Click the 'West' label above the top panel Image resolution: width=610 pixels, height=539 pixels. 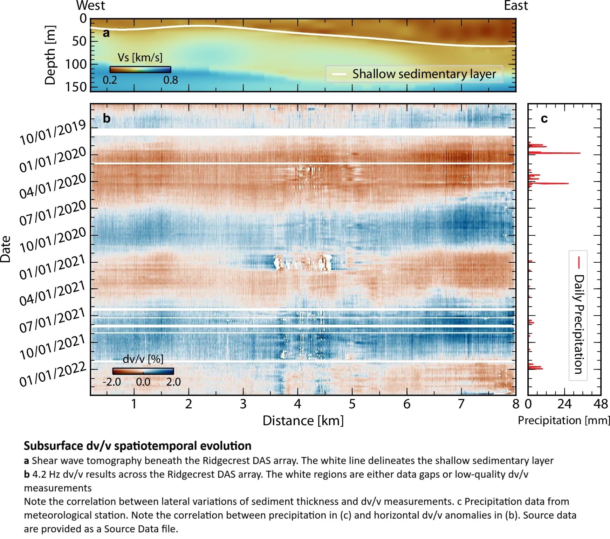click(90, 6)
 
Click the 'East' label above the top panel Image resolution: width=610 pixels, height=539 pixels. click(516, 6)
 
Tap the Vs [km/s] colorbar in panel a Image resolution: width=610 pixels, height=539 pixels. click(140, 69)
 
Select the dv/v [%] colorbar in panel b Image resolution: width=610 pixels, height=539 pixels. click(143, 371)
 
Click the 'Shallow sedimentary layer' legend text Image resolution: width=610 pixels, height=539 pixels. click(424, 74)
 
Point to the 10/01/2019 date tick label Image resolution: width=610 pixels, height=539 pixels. click(53, 133)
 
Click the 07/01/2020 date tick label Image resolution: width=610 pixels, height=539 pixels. click(53, 213)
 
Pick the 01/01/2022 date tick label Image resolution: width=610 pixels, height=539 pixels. click(53, 374)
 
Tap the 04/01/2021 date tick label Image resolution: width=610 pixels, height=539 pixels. click(53, 293)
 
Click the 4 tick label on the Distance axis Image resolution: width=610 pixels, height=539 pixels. click(297, 404)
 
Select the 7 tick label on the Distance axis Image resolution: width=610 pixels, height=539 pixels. click(461, 404)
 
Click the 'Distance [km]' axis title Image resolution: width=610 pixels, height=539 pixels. click(303, 421)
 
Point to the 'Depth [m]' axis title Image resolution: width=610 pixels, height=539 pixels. click(50, 55)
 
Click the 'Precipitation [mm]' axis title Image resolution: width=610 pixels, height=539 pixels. click(564, 420)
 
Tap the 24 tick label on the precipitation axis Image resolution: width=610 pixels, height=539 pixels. click(564, 404)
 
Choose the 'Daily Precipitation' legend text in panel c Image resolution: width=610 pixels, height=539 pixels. click(579, 324)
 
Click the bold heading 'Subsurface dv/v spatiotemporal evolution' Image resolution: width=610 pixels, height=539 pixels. click(137, 446)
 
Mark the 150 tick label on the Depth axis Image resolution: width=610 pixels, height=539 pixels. click(76, 87)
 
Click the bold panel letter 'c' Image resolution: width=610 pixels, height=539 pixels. click(544, 119)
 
